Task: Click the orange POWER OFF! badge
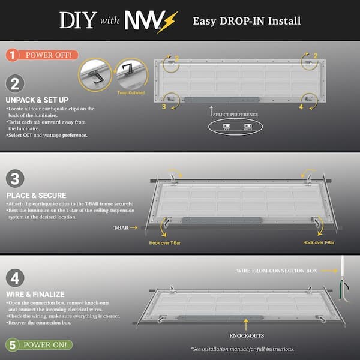[43, 55]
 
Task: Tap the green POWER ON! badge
[39, 345]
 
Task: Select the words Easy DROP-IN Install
[247, 21]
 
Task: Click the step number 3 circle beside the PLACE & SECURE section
[15, 179]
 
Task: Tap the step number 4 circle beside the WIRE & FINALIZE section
[15, 278]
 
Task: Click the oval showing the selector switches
[236, 127]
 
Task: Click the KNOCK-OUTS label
[246, 335]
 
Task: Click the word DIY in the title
[79, 20]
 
